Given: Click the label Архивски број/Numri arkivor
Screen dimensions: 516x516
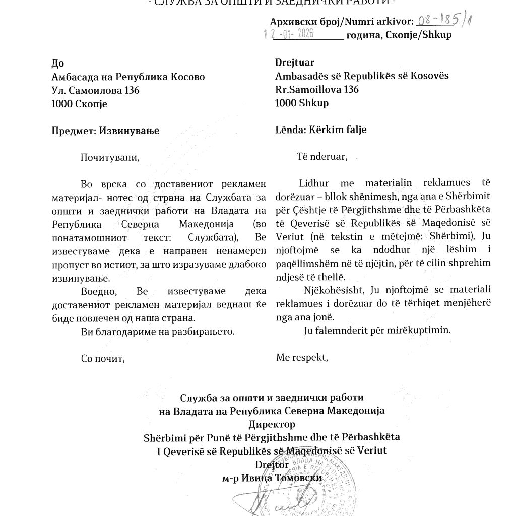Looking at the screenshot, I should pos(342,22).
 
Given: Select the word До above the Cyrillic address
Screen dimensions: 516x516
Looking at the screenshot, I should pos(58,63).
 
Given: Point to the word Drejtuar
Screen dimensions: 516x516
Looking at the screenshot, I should pos(295,62).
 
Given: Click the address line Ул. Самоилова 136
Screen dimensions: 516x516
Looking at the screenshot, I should pos(95,90).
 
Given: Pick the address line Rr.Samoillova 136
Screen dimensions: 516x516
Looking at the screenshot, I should pos(317,90).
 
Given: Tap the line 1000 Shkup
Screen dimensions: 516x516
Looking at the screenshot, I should pos(302,103).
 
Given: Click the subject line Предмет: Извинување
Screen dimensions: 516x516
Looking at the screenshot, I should pos(105,130).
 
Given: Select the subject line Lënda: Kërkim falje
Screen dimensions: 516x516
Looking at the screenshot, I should pos(321,130).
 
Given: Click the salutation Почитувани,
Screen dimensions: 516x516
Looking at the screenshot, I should pos(109,157).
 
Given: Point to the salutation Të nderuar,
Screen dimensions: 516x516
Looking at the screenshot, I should pos(322,156).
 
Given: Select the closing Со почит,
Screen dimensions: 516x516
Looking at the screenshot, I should pos(103,359).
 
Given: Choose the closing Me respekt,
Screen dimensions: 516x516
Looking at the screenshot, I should pos(302,358).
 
